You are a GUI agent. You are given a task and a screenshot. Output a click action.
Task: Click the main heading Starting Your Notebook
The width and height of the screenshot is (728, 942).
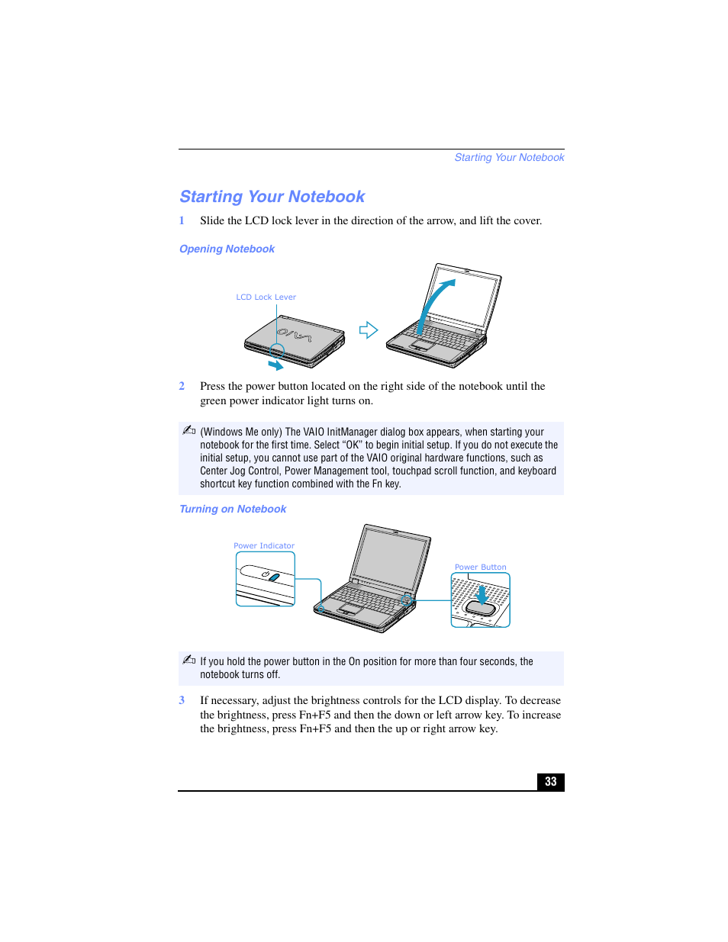(x=272, y=197)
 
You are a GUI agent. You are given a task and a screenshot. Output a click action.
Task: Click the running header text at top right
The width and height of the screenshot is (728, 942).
(x=509, y=158)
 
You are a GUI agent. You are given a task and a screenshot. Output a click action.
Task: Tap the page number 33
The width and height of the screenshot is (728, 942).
(x=550, y=782)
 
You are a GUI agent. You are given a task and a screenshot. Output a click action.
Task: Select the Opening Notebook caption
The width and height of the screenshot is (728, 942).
(x=227, y=249)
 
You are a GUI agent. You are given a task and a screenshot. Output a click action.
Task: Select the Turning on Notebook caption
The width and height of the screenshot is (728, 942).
(x=233, y=510)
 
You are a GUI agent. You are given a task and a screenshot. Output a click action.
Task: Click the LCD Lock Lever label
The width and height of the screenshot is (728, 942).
(x=266, y=297)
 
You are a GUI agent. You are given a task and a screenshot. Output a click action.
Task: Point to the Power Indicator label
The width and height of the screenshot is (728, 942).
(x=263, y=546)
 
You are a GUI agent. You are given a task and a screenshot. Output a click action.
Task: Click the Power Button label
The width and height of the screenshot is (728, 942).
(x=480, y=567)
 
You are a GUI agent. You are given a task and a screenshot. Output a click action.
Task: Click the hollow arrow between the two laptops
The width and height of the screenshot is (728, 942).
(x=369, y=330)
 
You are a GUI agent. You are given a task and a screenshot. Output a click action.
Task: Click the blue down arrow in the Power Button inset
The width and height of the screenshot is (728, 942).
(x=482, y=593)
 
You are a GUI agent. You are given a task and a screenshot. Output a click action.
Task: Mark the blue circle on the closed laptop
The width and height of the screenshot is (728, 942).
(x=277, y=351)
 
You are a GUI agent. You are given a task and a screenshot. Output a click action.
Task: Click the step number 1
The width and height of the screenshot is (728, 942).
(x=182, y=221)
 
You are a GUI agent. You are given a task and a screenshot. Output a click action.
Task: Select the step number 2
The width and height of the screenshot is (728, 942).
(x=182, y=387)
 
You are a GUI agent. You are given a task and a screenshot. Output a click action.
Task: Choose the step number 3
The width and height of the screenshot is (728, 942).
(x=182, y=701)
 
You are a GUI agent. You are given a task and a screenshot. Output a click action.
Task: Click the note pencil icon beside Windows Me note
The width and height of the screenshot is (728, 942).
(x=189, y=431)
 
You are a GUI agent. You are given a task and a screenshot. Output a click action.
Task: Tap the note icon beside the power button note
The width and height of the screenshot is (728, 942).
(x=189, y=660)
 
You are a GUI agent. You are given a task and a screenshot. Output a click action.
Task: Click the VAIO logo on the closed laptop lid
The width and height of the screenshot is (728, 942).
(x=294, y=334)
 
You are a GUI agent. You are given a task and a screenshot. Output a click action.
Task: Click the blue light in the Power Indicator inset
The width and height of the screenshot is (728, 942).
(x=274, y=577)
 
